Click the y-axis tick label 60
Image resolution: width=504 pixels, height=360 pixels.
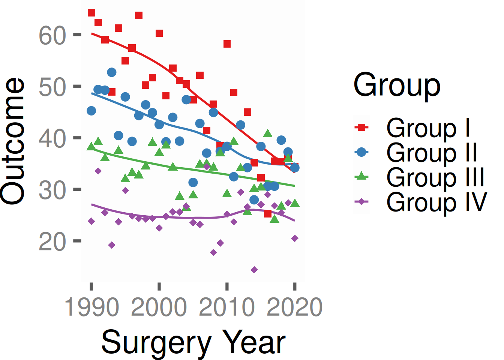[x=52, y=36]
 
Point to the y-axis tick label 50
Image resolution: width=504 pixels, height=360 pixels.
[x=52, y=87]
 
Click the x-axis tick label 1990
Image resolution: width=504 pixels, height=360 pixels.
[x=91, y=307]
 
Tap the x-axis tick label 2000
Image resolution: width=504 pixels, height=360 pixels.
[x=159, y=307]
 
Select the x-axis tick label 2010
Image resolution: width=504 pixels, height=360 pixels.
[x=227, y=307]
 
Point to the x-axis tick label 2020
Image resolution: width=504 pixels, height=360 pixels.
[x=295, y=307]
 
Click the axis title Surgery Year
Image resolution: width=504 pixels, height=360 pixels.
[x=193, y=342]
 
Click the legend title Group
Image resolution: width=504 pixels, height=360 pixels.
[x=397, y=85]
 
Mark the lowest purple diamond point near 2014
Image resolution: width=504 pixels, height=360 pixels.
[x=254, y=270]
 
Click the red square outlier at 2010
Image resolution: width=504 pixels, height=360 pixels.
[x=227, y=44]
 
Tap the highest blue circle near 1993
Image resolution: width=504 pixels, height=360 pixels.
[x=112, y=72]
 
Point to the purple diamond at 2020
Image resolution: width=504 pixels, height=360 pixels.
[x=295, y=238]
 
